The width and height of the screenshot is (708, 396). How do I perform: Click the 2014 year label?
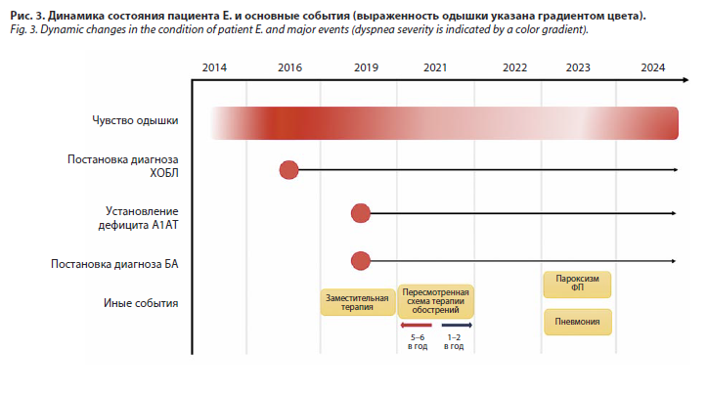[x=214, y=67]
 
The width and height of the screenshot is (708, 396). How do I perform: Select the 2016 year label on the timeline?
[x=289, y=67]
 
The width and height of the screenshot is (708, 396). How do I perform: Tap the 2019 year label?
[x=366, y=67]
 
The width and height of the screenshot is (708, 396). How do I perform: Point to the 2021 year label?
[x=435, y=67]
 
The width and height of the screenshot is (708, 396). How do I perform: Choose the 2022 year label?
[x=514, y=67]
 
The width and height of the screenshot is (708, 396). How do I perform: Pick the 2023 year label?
[x=578, y=67]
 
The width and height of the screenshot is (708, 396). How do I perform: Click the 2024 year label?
[x=653, y=67]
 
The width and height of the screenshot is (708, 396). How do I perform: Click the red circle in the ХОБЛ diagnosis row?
[x=289, y=170]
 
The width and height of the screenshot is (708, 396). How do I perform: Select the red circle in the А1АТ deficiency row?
[x=360, y=213]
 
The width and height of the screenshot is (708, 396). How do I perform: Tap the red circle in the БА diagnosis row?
[x=360, y=261]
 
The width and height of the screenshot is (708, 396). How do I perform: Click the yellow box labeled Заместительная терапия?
[x=358, y=302]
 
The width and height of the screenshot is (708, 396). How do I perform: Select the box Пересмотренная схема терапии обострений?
[x=436, y=301]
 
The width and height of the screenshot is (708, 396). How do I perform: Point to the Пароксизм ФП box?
[x=577, y=285]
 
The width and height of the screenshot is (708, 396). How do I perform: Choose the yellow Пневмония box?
[x=578, y=322]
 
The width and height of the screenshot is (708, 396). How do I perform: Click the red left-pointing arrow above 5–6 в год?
[x=416, y=325]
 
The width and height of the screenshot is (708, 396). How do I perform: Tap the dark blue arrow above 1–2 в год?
[x=457, y=325]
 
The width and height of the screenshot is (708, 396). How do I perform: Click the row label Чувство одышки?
[x=135, y=120]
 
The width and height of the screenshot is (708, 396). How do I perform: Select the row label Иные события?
[x=141, y=303]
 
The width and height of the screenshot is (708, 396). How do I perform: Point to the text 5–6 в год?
[x=418, y=342]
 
